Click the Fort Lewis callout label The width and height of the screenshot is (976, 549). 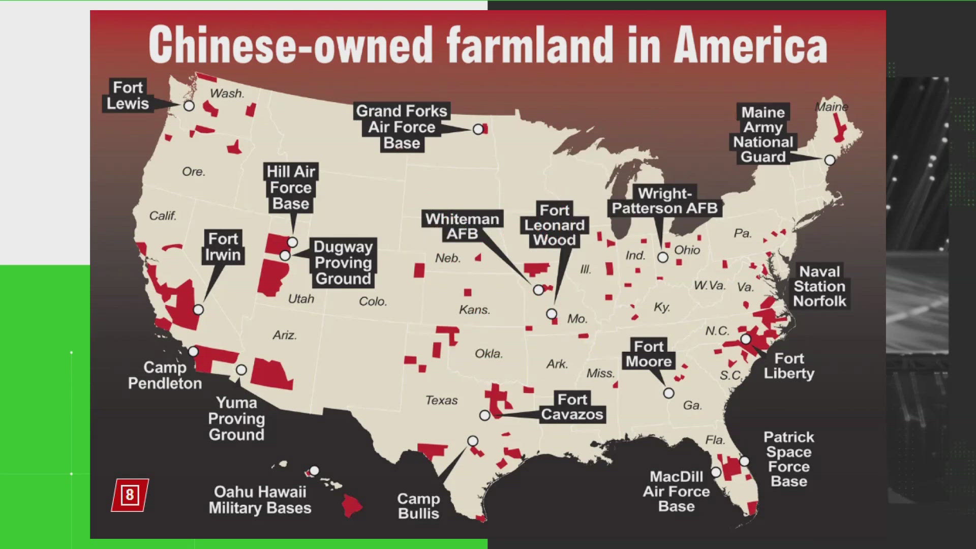pos(128,96)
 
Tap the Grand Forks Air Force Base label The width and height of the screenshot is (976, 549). pos(402,127)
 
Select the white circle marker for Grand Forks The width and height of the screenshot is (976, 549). pos(478,129)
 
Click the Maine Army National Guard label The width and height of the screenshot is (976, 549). pos(763,134)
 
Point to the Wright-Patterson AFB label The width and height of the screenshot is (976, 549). pos(665,201)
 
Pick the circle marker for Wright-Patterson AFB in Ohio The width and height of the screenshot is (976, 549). pos(663,257)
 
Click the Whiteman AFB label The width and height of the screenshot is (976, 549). pos(462,226)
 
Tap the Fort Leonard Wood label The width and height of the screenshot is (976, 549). pos(555,225)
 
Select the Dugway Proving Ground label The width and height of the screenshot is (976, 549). pos(343,262)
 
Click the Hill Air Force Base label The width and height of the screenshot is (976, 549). pos(291,188)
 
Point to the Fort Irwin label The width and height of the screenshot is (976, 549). pos(223,247)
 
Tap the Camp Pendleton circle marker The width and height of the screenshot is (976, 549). pos(193,351)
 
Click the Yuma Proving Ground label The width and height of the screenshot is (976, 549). pos(236,418)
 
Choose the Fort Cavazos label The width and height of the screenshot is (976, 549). pos(572,407)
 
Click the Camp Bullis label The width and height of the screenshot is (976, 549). pos(418,506)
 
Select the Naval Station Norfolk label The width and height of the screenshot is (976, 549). pos(819,286)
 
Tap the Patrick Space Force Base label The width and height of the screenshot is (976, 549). pos(788,459)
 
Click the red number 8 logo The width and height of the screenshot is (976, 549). pos(130,495)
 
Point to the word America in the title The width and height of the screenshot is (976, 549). pos(751,46)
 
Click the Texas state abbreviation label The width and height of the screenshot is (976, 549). pos(441,401)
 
